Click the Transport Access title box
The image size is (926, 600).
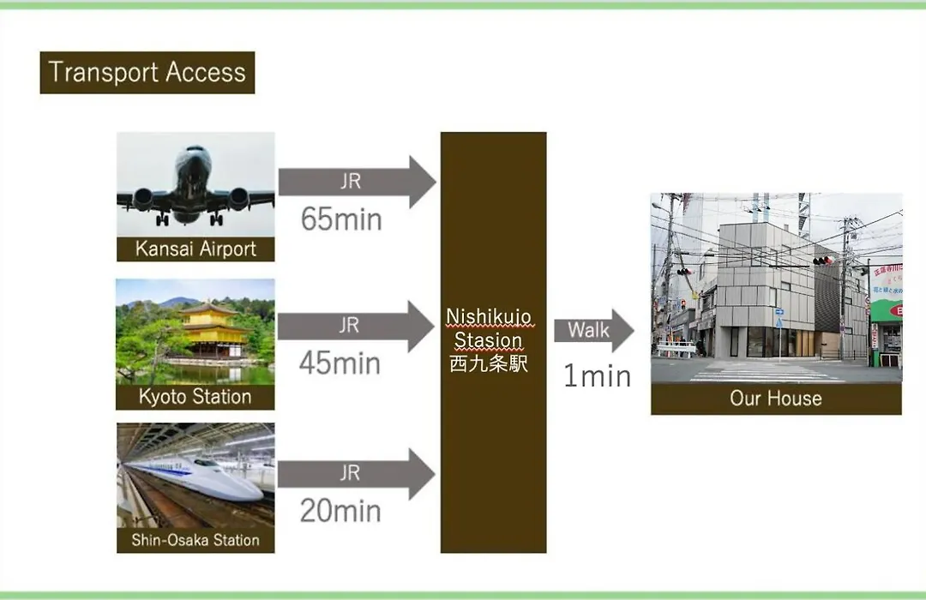(147, 73)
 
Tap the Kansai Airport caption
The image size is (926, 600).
(195, 249)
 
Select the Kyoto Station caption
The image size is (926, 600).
(195, 396)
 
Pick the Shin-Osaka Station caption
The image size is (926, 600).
(195, 540)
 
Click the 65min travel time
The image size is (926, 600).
(341, 219)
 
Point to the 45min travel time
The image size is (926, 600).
(340, 363)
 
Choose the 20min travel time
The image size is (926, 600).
(340, 511)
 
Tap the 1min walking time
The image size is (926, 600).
(597, 376)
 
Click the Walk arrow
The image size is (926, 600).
(594, 330)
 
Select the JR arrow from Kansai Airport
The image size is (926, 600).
(358, 182)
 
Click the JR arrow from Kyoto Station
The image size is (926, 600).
(357, 326)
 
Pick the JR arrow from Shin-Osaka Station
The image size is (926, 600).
(357, 474)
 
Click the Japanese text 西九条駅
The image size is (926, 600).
(489, 363)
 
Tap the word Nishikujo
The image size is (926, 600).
(489, 316)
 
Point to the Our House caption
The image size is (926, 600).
(776, 399)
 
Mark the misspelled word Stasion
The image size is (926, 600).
(489, 340)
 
